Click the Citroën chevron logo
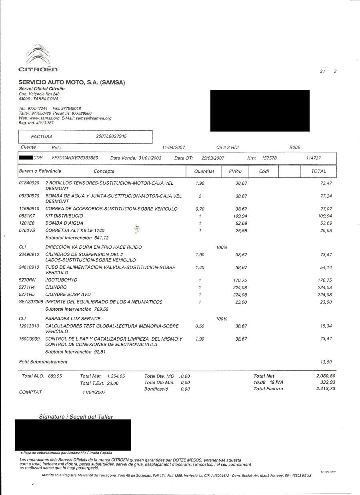coord(38,55)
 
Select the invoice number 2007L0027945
coord(111,136)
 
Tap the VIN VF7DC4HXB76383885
coord(75,158)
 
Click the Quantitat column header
coord(204,171)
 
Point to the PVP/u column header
coord(235,171)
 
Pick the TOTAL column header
coord(318,171)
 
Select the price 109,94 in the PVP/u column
coord(240,216)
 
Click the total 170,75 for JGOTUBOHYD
coord(324,280)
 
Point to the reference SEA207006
coord(31,302)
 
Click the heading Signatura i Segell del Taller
coord(76,417)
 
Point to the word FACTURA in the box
coord(42,137)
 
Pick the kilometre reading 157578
coord(269,158)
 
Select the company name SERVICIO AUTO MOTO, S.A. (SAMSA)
coord(72,83)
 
